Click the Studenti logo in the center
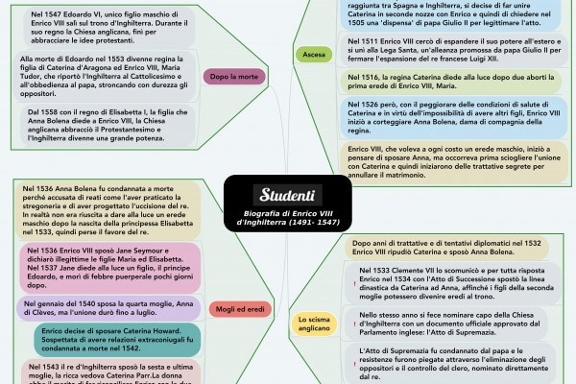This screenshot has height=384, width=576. [x=287, y=194]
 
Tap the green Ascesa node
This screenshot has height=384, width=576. [x=313, y=56]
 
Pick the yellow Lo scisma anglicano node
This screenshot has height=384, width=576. [x=314, y=324]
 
